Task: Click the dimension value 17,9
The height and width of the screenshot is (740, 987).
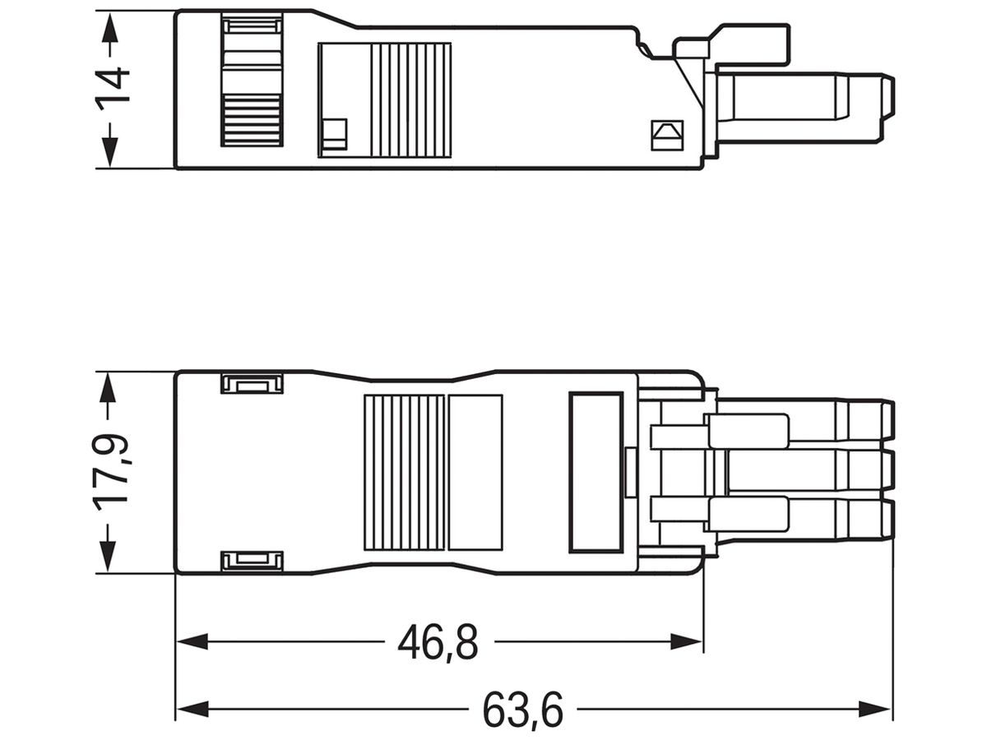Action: pyautogui.click(x=110, y=473)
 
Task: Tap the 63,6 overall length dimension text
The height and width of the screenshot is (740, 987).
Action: pyautogui.click(x=522, y=711)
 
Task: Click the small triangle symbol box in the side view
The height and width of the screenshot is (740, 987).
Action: pyautogui.click(x=667, y=135)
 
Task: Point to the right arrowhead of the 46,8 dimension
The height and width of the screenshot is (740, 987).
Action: pyautogui.click(x=686, y=641)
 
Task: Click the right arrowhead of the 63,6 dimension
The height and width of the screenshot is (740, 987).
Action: pyautogui.click(x=874, y=710)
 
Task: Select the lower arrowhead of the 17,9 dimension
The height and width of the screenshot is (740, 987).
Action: pyautogui.click(x=108, y=556)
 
